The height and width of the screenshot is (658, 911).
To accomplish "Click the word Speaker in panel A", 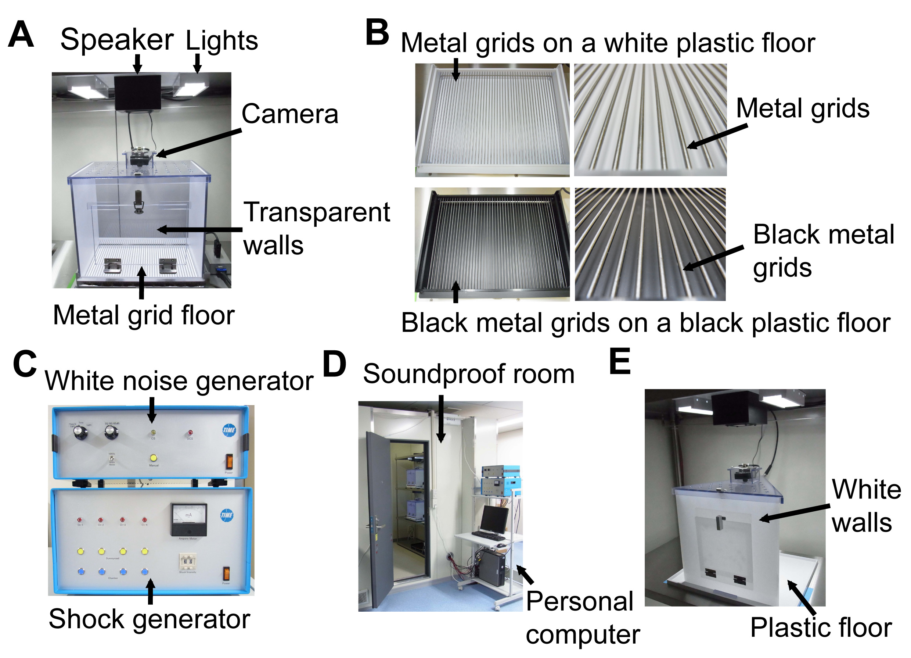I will pyautogui.click(x=116, y=40).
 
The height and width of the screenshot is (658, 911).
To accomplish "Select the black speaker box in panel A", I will pyautogui.click(x=137, y=92).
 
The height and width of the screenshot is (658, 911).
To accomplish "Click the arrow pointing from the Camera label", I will pyautogui.click(x=199, y=143).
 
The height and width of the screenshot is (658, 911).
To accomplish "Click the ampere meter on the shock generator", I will pyautogui.click(x=188, y=519).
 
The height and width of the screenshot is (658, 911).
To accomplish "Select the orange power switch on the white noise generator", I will pyautogui.click(x=229, y=461).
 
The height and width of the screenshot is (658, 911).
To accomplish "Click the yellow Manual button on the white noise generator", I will pyautogui.click(x=153, y=458).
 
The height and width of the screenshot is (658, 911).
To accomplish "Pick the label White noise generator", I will pyautogui.click(x=179, y=381).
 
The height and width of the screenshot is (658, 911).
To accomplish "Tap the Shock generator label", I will pyautogui.click(x=149, y=619).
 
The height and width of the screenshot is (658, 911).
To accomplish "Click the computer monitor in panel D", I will pyautogui.click(x=494, y=519).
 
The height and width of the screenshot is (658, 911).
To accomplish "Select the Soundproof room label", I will pyautogui.click(x=468, y=374).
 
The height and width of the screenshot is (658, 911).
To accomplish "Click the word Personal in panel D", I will pyautogui.click(x=580, y=602).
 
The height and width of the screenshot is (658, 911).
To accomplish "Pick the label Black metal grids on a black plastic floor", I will pyautogui.click(x=645, y=323).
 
